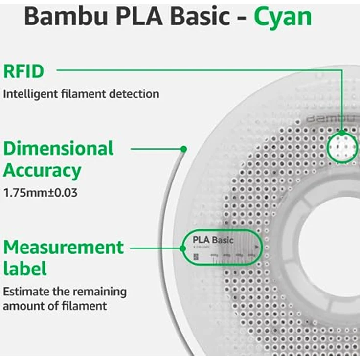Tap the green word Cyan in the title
[283, 17]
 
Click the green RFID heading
[23, 71]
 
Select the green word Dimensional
[59, 148]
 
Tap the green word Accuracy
[42, 171]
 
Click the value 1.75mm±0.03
[40, 193]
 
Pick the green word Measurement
[64, 247]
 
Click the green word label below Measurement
[24, 269]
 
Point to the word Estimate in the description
[24, 292]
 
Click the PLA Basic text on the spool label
[213, 240]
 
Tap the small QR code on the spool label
[196, 256]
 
